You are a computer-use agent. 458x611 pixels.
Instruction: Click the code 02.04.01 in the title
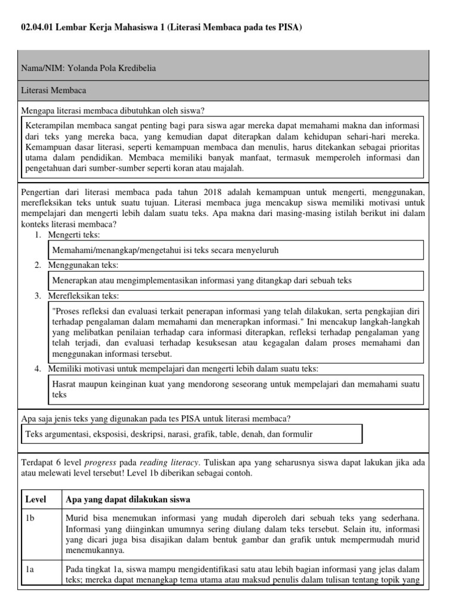point(36,27)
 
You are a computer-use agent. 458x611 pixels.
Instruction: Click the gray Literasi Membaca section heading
point(54,91)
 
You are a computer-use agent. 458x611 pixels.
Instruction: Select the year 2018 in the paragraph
point(216,192)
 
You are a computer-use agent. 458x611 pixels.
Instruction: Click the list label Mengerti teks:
point(74,235)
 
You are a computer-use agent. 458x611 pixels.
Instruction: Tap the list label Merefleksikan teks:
point(83,296)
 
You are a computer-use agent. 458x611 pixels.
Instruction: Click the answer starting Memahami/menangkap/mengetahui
point(166,250)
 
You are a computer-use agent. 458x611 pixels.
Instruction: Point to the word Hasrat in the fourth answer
point(64,384)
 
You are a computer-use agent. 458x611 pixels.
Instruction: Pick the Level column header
point(35,499)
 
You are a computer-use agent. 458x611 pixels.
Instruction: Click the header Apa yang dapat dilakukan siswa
point(128,499)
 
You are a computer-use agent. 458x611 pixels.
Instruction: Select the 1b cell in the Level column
point(30,519)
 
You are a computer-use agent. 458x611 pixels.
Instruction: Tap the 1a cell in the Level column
point(30,570)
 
